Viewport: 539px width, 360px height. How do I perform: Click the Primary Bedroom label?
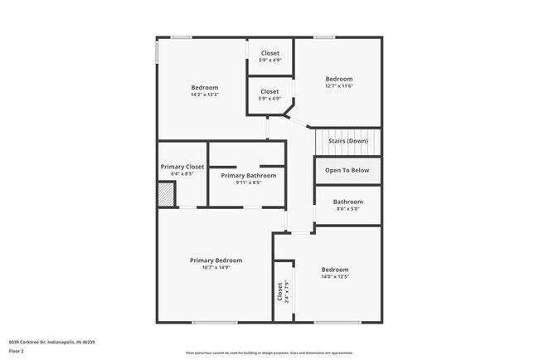point(216,260)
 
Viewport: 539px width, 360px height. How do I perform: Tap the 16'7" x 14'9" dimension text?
point(216,268)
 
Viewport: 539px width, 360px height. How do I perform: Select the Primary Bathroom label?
point(249,175)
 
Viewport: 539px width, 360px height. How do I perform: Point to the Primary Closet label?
point(182,167)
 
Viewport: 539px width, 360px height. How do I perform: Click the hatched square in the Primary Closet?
point(167,195)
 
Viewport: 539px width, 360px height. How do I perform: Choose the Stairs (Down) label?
point(347,141)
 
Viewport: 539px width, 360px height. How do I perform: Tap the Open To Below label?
point(347,170)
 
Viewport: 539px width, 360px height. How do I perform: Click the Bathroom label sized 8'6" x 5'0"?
point(347,202)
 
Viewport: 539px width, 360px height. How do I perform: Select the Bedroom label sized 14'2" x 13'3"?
point(205,88)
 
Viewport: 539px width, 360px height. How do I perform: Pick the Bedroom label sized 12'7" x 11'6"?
point(339,79)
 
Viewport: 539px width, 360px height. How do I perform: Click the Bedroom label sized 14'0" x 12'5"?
point(335,270)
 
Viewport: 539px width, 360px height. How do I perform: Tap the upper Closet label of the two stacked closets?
point(270,53)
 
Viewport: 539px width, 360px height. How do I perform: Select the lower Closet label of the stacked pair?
point(270,91)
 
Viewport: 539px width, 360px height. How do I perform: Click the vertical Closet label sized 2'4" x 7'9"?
point(281,291)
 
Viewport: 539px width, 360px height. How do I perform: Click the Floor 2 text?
point(17,350)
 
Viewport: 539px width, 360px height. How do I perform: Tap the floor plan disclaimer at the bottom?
point(269,353)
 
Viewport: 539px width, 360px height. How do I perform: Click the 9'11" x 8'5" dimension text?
point(249,182)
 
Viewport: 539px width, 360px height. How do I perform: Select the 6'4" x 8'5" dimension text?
point(182,174)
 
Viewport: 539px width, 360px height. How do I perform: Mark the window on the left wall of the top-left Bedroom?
point(158,51)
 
